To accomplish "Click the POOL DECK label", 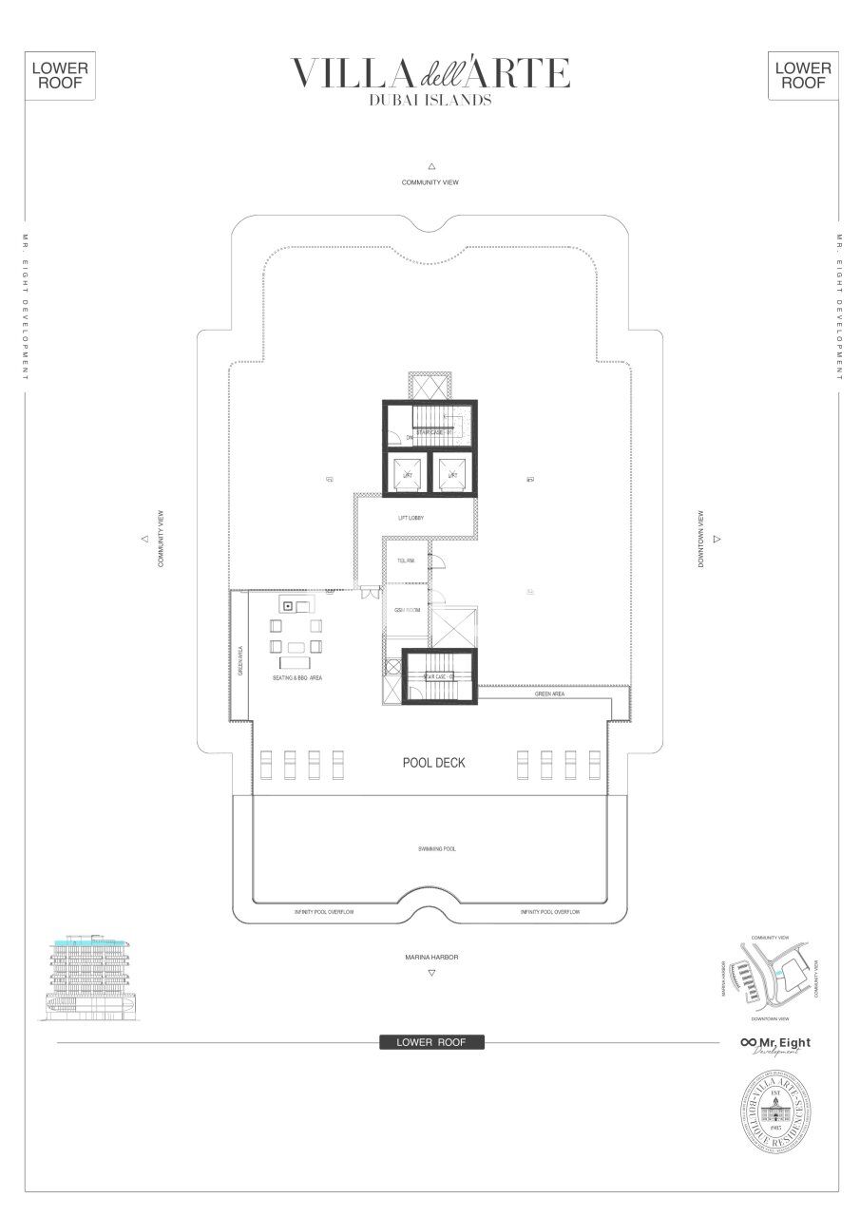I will click(x=433, y=763).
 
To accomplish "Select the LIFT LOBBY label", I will click(x=411, y=518).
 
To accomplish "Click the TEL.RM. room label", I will click(x=406, y=561).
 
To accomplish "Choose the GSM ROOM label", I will click(x=408, y=610).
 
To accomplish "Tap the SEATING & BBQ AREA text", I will click(x=296, y=679).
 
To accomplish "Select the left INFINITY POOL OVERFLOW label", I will click(x=324, y=911).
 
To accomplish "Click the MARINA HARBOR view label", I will click(x=431, y=958).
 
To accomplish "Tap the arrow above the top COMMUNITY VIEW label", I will click(x=431, y=165).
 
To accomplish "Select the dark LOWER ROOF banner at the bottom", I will click(x=431, y=1042).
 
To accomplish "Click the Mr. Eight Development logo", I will click(x=776, y=1044).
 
